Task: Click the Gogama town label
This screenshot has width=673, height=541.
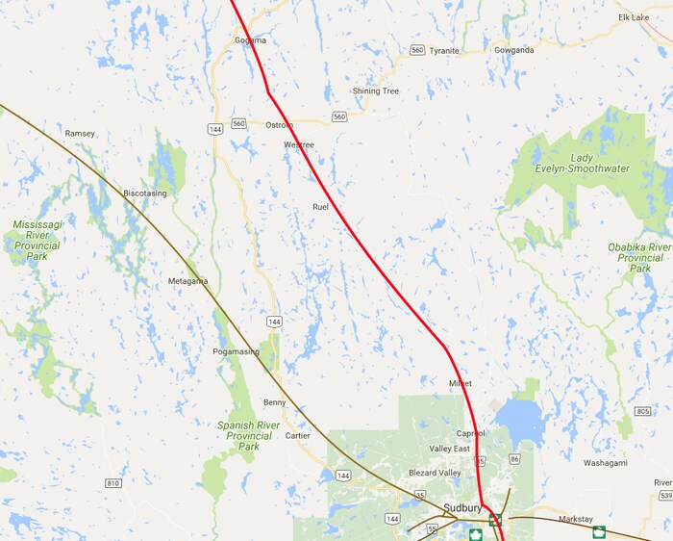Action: pos(250,40)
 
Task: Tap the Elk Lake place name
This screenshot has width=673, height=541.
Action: pos(635,17)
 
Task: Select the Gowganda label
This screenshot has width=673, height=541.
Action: pos(513,49)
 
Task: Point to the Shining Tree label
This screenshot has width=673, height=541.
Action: pos(375,91)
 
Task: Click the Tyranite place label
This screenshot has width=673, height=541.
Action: pos(445,50)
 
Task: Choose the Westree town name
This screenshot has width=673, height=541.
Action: pos(299,145)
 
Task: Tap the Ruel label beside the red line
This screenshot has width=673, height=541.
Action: pos(321,207)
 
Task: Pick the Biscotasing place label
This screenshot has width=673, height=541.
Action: pos(145,193)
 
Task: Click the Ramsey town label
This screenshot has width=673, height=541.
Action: pos(80,133)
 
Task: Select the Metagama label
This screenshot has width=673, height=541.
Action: pos(187,281)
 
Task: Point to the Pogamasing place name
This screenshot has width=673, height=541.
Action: pos(236,352)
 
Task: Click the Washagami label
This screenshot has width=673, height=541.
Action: pos(606,463)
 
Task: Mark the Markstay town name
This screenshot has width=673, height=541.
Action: pos(576,519)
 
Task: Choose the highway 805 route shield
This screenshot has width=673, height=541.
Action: pos(643,412)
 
